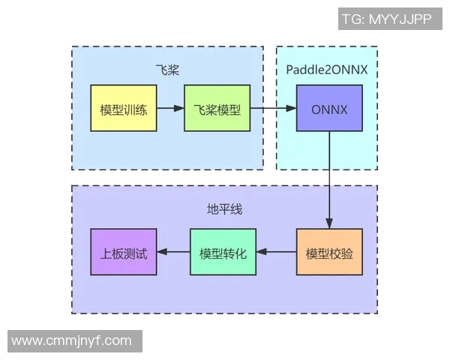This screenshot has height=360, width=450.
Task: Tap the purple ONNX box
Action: (329, 109)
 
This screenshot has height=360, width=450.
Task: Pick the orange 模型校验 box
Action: (329, 252)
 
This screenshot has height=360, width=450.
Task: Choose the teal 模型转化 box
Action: (223, 252)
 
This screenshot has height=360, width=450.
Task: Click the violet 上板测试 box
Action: (123, 252)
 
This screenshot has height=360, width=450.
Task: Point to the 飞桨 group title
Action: (167, 70)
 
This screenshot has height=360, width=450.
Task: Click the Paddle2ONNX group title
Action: (327, 70)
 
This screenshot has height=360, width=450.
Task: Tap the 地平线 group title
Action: (224, 209)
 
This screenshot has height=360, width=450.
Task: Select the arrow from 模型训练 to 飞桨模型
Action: (170, 109)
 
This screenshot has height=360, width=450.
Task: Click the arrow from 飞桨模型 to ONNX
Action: (272, 109)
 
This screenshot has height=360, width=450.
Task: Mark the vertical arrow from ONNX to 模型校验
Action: (329, 180)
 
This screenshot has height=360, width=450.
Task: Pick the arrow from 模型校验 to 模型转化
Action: (277, 252)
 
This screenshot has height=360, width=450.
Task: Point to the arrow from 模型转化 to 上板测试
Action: (173, 252)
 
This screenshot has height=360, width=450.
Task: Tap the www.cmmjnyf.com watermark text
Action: (72, 340)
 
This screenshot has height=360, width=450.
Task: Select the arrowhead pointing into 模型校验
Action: (329, 223)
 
